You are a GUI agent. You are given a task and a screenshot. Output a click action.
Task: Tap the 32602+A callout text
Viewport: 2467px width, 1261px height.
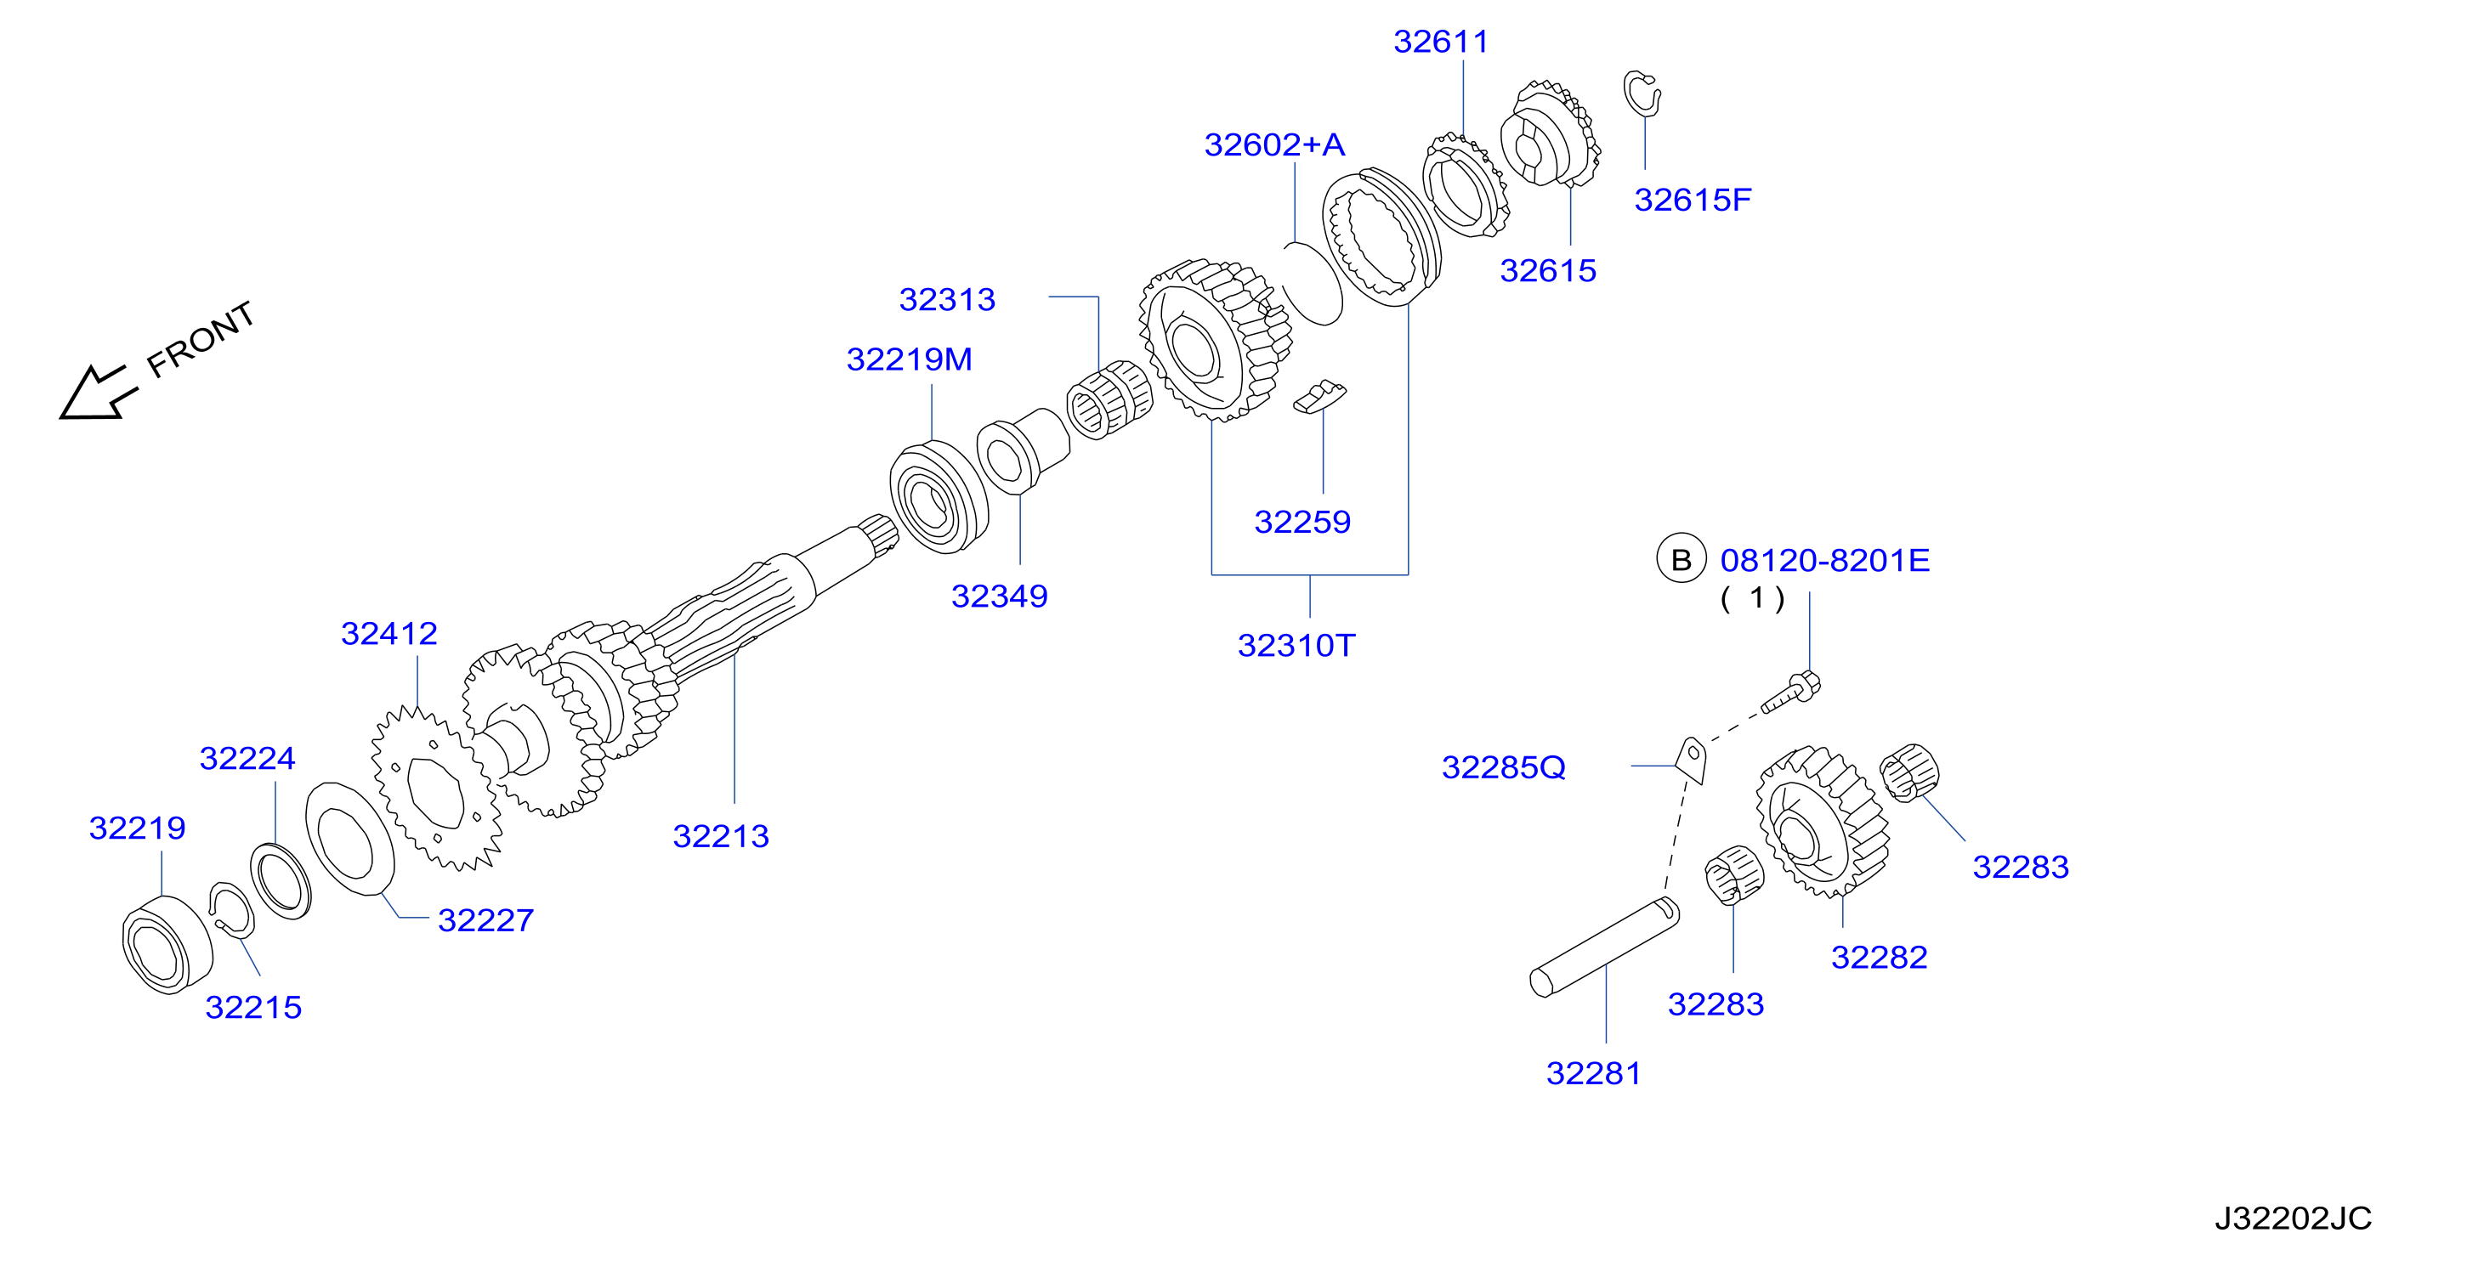click(x=1274, y=144)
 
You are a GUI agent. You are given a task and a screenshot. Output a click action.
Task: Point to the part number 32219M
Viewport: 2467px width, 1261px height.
click(x=909, y=359)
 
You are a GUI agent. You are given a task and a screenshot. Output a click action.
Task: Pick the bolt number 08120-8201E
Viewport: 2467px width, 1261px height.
click(x=1824, y=560)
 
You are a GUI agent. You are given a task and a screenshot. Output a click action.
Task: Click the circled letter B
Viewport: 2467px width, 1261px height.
click(x=1681, y=559)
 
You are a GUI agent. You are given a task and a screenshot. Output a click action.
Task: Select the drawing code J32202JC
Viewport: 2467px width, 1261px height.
click(x=2293, y=1218)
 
